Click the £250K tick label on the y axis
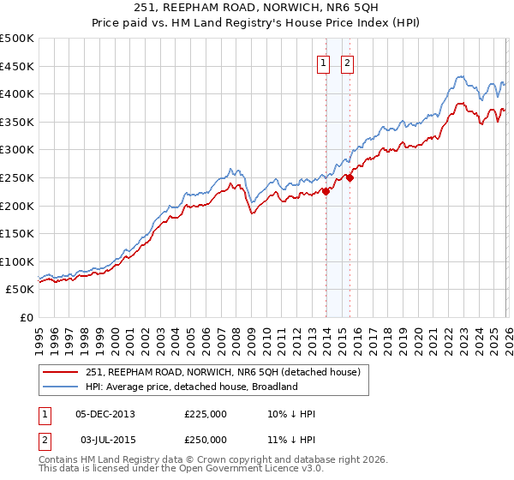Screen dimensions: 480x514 [x=17, y=177]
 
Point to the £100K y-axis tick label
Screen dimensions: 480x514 [x=17, y=261]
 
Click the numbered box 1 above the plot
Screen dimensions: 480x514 [x=324, y=63]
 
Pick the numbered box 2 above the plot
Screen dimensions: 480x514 [x=348, y=63]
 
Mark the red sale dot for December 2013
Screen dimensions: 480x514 [x=326, y=192]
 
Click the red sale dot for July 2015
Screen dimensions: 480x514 [x=350, y=177]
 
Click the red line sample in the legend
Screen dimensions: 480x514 [x=61, y=372]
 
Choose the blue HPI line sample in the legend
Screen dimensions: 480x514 [x=61, y=387]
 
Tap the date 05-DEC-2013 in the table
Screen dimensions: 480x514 [x=105, y=414]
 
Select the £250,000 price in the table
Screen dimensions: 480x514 [x=206, y=439]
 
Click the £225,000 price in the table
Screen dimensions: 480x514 [x=206, y=414]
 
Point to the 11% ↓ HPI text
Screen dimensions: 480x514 [x=291, y=439]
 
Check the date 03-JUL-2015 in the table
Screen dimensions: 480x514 [x=105, y=439]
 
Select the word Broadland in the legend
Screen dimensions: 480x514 [x=273, y=387]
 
